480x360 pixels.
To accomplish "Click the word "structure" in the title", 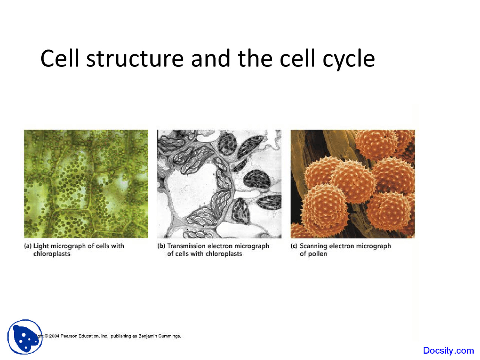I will (135, 59).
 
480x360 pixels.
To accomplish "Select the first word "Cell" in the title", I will (60, 59).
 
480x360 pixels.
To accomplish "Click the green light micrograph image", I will (86, 184).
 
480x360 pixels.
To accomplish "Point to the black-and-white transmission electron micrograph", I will (219, 184).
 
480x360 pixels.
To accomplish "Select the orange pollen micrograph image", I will (352, 184).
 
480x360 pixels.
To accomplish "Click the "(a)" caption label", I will (27, 246).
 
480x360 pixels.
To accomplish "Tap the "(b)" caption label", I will (161, 246).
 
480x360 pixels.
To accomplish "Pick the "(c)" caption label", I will (294, 246).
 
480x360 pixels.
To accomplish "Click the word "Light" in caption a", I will (41, 246).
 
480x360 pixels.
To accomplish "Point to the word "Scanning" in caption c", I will (313, 246).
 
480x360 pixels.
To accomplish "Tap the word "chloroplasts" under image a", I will (52, 254).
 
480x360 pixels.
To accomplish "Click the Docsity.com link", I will (448, 351).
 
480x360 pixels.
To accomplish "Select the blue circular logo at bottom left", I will (25, 337).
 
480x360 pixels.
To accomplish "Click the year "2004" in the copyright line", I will (54, 336).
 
